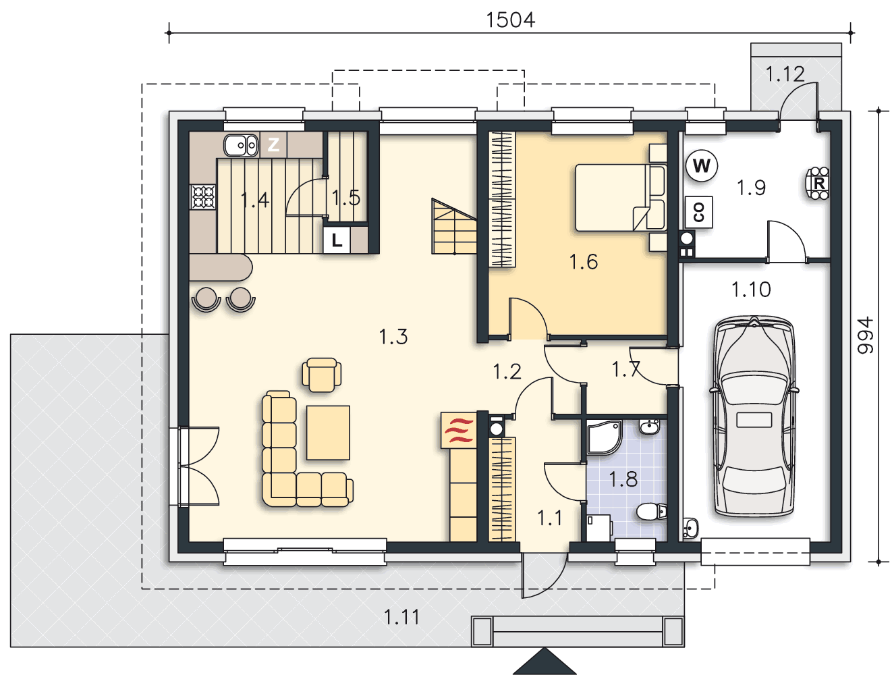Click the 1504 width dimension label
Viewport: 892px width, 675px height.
click(510, 20)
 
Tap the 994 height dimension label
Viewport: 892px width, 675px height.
click(865, 335)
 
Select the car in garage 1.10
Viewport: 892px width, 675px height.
click(754, 416)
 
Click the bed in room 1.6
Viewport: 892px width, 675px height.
click(621, 198)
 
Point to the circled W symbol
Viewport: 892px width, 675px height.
click(702, 166)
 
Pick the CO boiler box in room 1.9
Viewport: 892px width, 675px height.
click(698, 212)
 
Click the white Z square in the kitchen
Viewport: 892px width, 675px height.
click(273, 144)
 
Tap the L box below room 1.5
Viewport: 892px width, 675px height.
click(337, 240)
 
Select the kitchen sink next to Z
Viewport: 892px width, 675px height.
click(241, 146)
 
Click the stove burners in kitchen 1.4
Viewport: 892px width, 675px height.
click(203, 197)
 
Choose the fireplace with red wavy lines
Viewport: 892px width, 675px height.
click(458, 430)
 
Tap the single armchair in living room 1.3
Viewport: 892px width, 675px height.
click(321, 375)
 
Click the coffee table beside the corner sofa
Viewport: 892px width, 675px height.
click(328, 433)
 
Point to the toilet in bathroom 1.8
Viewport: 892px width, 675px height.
click(651, 511)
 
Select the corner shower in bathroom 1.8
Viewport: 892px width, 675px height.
click(605, 437)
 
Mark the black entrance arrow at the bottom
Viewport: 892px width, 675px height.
click(544, 661)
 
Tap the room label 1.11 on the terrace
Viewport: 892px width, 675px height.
click(401, 617)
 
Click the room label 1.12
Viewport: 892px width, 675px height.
click(785, 74)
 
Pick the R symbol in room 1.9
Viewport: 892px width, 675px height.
click(818, 184)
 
